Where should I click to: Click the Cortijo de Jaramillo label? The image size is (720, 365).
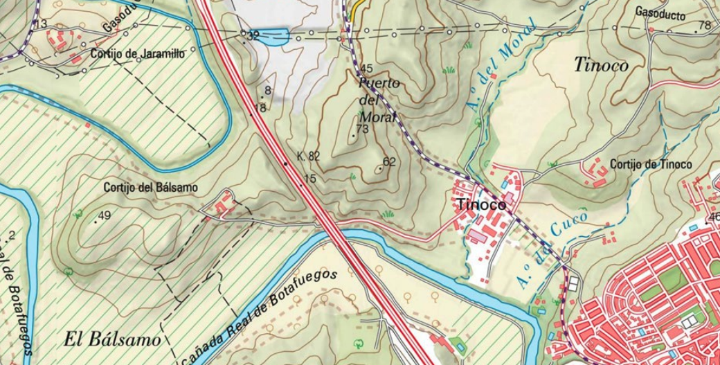pyautogui.click(x=137, y=54)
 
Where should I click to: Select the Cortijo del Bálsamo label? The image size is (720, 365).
pyautogui.click(x=150, y=187)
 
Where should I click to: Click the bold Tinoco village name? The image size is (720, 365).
pyautogui.click(x=480, y=205)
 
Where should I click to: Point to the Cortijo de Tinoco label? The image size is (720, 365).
pyautogui.click(x=651, y=164)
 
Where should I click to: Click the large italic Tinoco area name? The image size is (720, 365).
pyautogui.click(x=601, y=65)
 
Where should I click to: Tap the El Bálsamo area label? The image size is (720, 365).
pyautogui.click(x=112, y=339)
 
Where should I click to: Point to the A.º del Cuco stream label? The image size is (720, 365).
pyautogui.click(x=552, y=250)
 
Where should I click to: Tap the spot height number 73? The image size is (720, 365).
pyautogui.click(x=362, y=129)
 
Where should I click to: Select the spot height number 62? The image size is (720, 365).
pyautogui.click(x=388, y=162)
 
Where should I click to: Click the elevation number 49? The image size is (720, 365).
pyautogui.click(x=105, y=215)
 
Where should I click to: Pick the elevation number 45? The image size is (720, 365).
pyautogui.click(x=366, y=69)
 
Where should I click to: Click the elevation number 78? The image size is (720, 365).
pyautogui.click(x=705, y=26)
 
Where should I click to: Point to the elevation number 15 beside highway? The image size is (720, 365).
pyautogui.click(x=309, y=179)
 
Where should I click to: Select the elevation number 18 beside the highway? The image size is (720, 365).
pyautogui.click(x=260, y=107)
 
